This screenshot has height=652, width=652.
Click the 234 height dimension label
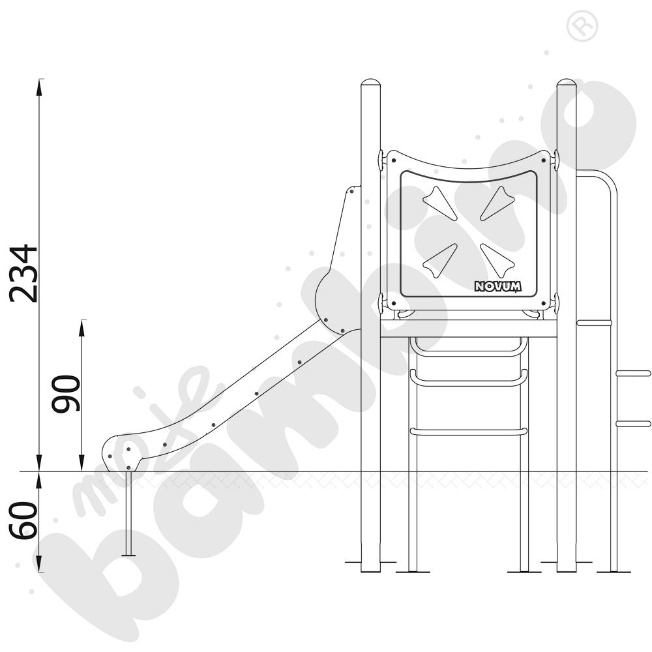coord(24,273)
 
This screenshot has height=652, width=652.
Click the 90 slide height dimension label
coord(66,394)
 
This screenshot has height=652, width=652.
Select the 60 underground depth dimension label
coord(23,521)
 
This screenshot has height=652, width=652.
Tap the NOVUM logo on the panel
coord(497,286)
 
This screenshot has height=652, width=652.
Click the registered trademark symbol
coord(582,26)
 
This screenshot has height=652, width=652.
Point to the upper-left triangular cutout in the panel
coord(440,203)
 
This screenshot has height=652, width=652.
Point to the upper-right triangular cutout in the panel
coord(497,203)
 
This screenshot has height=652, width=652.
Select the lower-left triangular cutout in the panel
coord(440,261)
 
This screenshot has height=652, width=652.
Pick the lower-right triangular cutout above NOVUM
coord(497,261)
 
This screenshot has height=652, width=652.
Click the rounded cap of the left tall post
coord(370,83)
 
